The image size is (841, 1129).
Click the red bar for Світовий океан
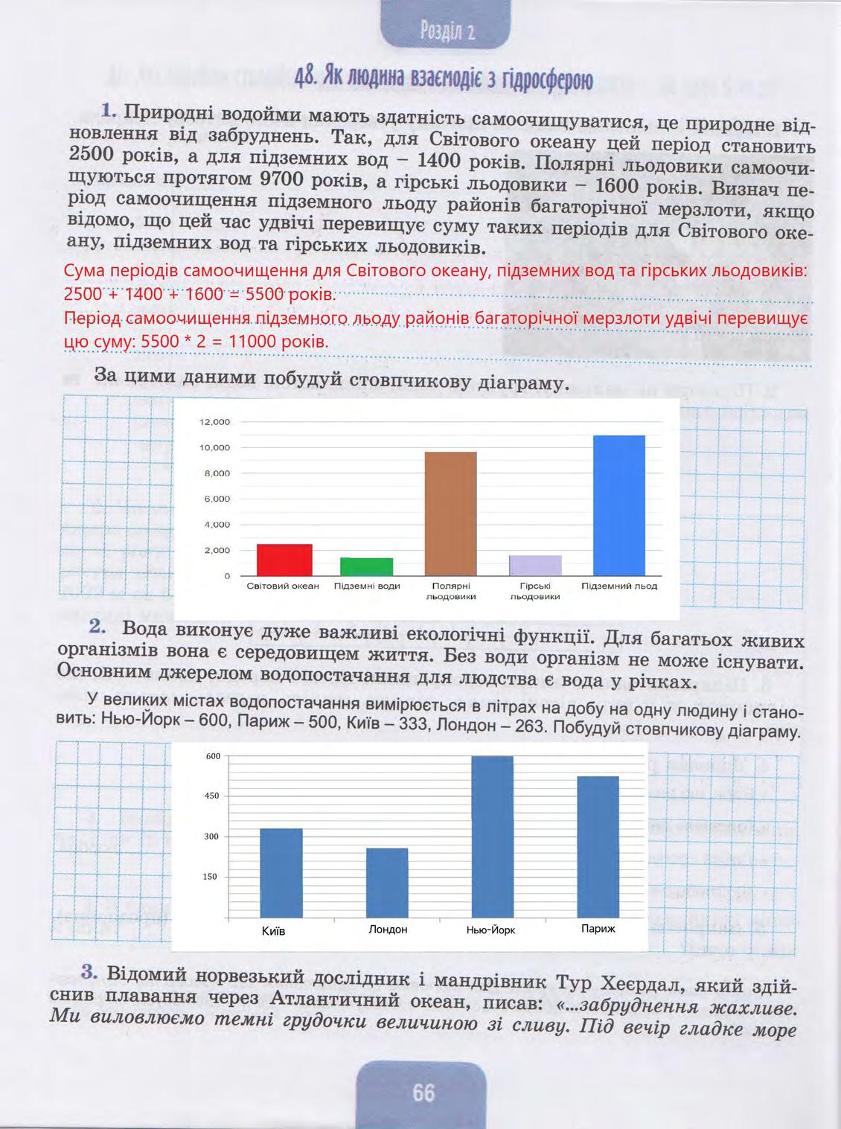[x=284, y=560]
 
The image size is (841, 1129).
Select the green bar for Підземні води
[x=366, y=566]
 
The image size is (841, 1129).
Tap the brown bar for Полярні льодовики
[x=450, y=514]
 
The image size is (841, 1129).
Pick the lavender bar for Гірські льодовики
[x=535, y=566]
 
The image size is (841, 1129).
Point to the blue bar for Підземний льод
[x=618, y=505]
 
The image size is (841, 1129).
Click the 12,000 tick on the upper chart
[x=215, y=422]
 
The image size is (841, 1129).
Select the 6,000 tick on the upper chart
[x=217, y=499]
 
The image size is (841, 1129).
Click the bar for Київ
[x=281, y=873]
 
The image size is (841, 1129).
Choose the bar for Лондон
[x=387, y=883]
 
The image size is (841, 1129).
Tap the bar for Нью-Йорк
[x=492, y=837]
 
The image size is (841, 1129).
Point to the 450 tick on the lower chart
[x=212, y=796]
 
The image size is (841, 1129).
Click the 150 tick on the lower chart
[x=212, y=877]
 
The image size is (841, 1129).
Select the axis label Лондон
[x=388, y=930]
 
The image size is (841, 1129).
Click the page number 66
[x=423, y=1093]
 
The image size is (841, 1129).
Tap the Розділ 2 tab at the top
[x=447, y=31]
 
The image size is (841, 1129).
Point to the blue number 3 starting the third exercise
[x=89, y=973]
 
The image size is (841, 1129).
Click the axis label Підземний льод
[x=619, y=586]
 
